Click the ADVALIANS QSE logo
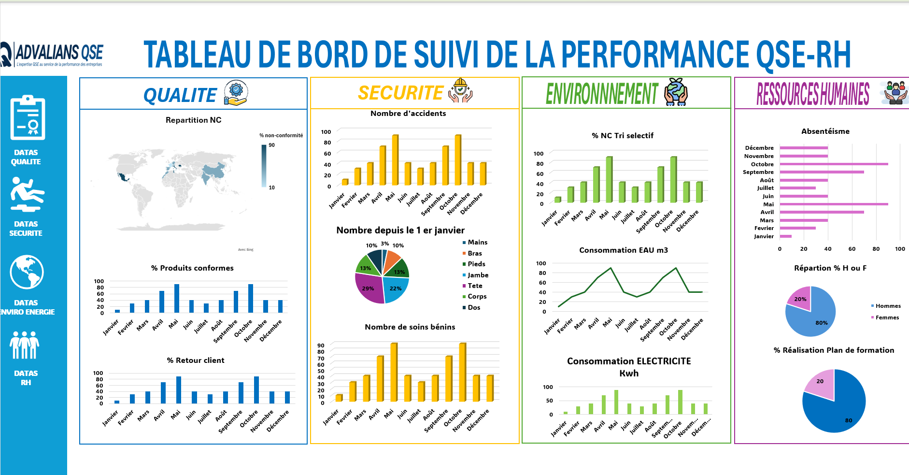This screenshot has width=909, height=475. tap(53, 54)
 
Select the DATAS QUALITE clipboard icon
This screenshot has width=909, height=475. tap(28, 118)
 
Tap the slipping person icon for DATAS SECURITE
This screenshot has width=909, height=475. tap(27, 194)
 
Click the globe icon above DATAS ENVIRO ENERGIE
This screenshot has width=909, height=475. tap(27, 272)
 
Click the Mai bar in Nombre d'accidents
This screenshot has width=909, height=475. tap(395, 160)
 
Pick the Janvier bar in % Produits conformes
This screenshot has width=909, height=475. tap(117, 311)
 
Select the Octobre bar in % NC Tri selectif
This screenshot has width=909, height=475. tap(673, 180)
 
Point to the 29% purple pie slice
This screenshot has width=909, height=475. tap(368, 288)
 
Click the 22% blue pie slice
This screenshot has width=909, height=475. tap(396, 288)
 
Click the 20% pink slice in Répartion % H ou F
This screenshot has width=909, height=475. tap(800, 298)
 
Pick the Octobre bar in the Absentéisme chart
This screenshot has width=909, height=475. tap(834, 164)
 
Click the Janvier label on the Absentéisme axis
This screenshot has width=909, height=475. tap(764, 236)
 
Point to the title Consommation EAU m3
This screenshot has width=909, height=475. tap(624, 250)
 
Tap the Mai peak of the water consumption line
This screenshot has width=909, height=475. tap(611, 268)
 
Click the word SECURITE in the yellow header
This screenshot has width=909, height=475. tap(400, 93)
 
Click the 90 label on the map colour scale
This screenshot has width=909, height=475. tap(272, 145)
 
